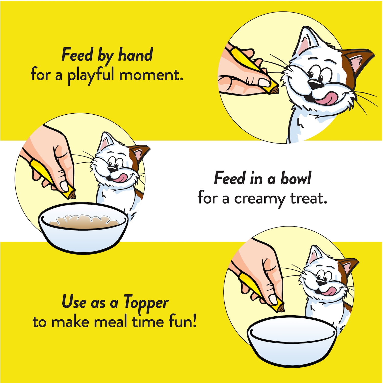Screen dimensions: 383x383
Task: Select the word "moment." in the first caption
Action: click(x=151, y=75)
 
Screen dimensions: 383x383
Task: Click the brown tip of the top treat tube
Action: click(x=276, y=89)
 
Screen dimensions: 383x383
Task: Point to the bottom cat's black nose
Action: click(x=321, y=282)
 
